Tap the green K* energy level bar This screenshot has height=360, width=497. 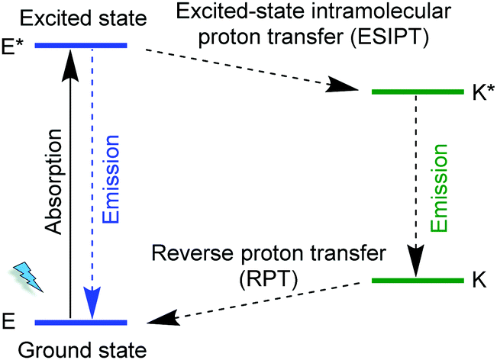417,92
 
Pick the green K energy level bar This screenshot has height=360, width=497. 417,281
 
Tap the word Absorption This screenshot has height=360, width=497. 53,184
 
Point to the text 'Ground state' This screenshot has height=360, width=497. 81,349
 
